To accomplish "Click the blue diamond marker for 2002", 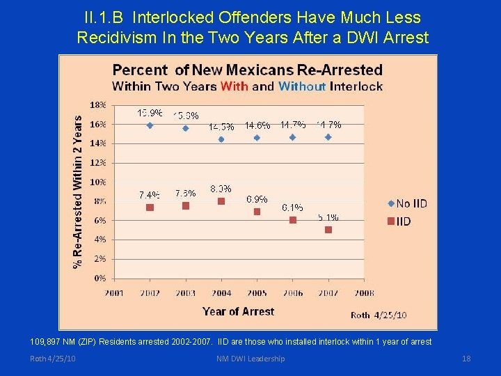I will point(150,125).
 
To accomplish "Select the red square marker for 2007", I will point(328,230).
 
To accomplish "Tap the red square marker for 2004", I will point(221,201).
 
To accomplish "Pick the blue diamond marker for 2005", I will point(257,138).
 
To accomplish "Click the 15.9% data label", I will point(150,113).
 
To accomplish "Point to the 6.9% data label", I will point(257,199).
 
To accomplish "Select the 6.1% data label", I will point(292,207).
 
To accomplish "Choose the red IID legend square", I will point(390,221).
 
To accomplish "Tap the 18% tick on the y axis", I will point(98,105).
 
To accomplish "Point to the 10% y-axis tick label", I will point(98,182).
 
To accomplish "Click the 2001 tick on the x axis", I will point(115,293).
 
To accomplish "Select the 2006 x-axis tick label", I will point(293,293).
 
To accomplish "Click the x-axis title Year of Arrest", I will point(238,311).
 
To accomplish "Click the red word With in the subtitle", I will point(234,86).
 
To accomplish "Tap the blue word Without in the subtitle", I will point(302,86).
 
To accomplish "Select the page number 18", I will point(466,359).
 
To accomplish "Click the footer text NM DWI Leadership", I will point(250,359).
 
